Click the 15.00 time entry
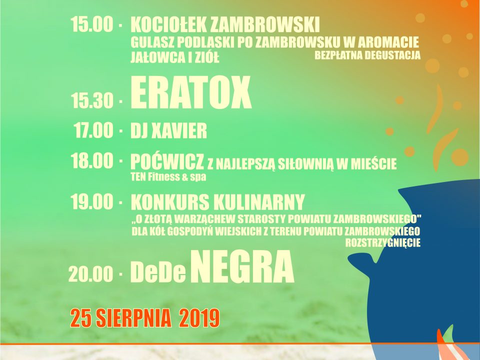(92, 24)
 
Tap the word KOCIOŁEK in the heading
(168, 24)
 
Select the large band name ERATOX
(191, 93)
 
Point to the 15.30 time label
(92, 100)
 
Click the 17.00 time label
(93, 130)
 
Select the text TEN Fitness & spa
(168, 177)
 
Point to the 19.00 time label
(92, 201)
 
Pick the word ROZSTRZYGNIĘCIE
(383, 243)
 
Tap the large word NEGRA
(242, 267)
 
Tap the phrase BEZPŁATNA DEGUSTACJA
(367, 55)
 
